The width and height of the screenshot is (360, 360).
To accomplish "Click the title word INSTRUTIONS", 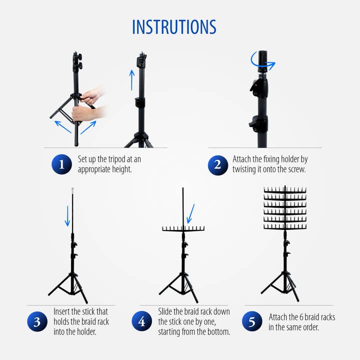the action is [174, 27].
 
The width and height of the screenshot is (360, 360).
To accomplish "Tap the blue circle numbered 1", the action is [61, 164].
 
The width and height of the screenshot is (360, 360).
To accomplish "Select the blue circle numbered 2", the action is [218, 165].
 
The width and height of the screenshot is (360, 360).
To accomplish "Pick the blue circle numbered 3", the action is [37, 321].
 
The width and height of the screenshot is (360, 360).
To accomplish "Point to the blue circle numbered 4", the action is [141, 321].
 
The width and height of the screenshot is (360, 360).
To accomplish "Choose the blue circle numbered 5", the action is [252, 321].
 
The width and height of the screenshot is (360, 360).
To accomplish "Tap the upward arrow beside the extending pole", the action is [132, 80].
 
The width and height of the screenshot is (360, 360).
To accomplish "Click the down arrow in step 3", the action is [67, 216].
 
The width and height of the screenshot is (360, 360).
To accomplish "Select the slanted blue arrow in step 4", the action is [190, 214].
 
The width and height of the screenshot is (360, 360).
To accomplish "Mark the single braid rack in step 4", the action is [183, 228].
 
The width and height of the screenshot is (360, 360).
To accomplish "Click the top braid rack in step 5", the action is [285, 190].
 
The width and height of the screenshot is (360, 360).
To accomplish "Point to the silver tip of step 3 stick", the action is [72, 190].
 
